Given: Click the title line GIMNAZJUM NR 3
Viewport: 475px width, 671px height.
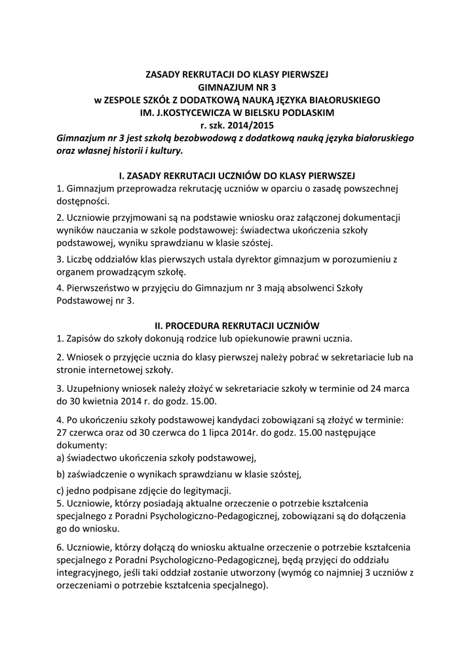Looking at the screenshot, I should coord(237,88).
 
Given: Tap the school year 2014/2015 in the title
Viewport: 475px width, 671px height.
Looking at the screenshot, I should coord(250,125).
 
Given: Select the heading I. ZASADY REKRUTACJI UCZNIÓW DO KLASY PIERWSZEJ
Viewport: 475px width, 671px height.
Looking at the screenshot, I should coord(237,176).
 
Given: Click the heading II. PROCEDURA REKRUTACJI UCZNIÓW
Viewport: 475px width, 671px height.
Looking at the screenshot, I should coord(237,325).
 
